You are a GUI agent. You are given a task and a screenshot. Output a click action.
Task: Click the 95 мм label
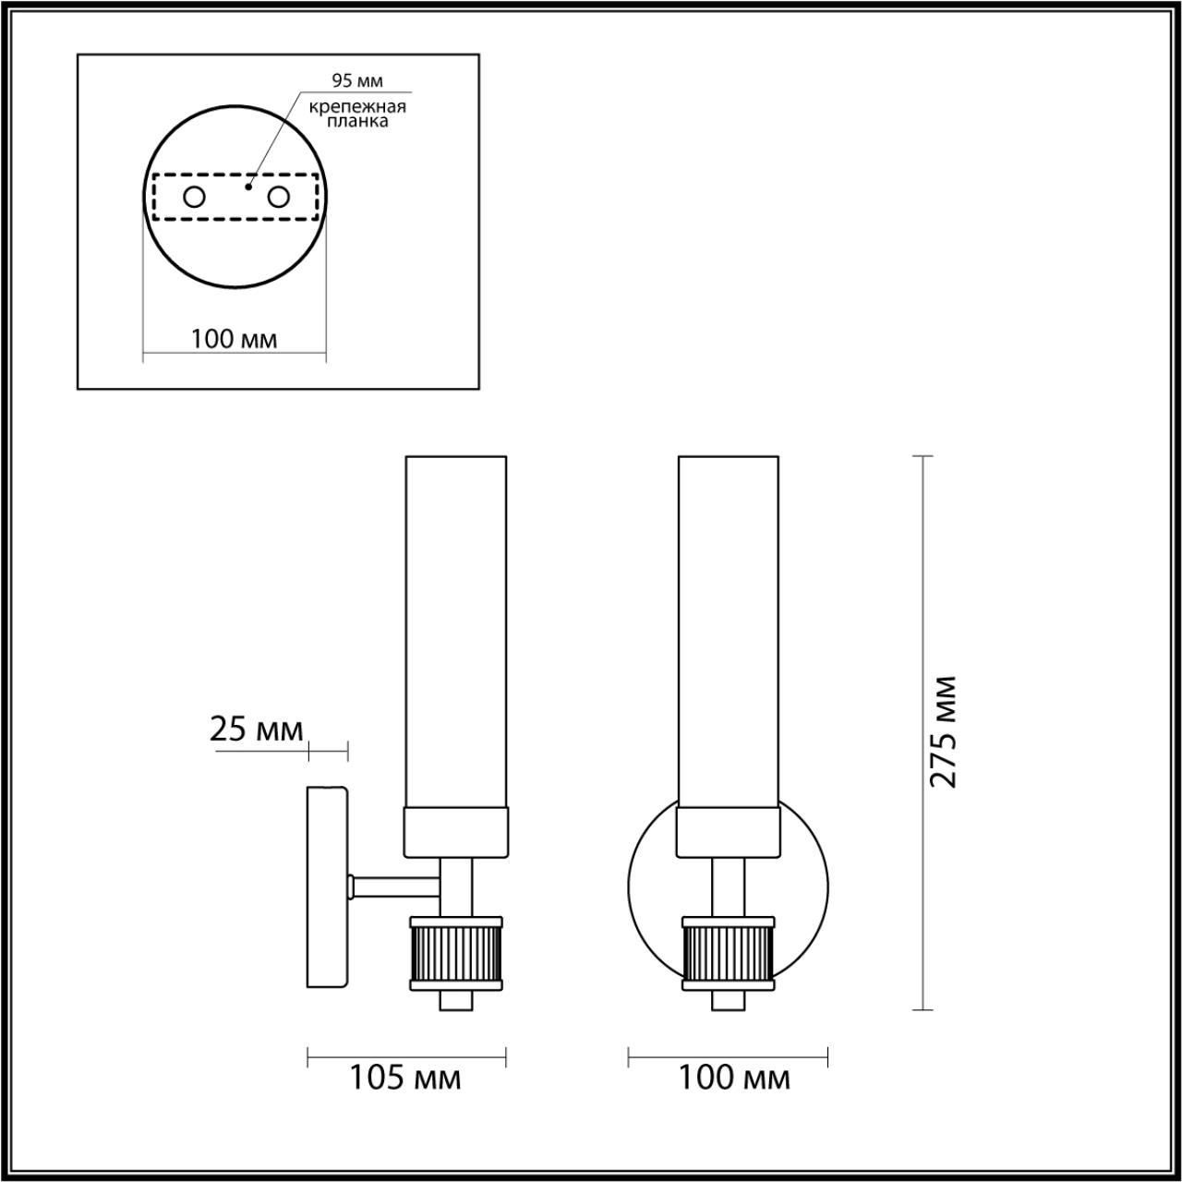tap(357, 80)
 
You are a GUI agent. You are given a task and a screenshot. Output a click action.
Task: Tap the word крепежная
tap(357, 107)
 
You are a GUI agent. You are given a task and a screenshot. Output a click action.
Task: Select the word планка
tap(357, 122)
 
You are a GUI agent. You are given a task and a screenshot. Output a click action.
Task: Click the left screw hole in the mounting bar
tap(195, 198)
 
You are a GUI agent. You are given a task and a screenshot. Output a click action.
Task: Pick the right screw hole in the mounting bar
tap(278, 198)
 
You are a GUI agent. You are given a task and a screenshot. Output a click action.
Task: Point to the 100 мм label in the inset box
tap(234, 339)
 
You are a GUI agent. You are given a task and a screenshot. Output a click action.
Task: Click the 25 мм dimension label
tap(257, 730)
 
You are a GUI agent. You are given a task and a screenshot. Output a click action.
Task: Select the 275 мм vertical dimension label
tap(942, 731)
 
